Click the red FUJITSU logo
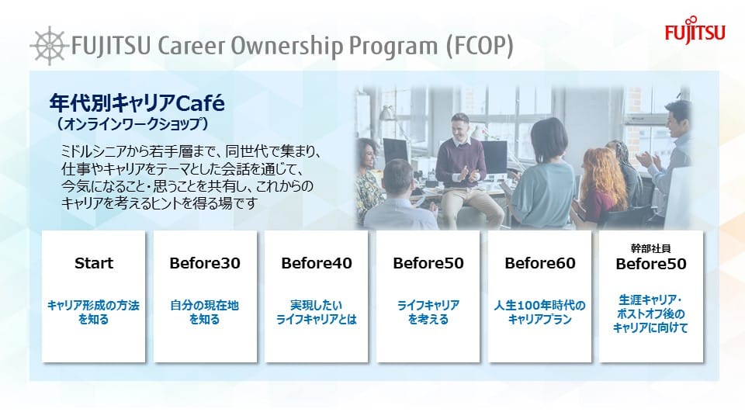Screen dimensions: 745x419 click(x=695, y=30)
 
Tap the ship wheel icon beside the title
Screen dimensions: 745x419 click(x=48, y=46)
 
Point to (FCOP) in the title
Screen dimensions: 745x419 click(x=480, y=46)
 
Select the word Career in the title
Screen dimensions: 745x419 click(x=191, y=46)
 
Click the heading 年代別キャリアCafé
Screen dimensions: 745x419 click(x=137, y=103)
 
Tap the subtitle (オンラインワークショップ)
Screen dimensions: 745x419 click(x=131, y=124)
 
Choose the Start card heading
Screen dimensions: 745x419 click(x=94, y=263)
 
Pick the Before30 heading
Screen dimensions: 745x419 click(x=205, y=263)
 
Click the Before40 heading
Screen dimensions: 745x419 click(x=317, y=263)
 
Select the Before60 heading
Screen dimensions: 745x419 click(x=540, y=263)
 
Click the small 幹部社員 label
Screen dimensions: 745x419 click(x=650, y=248)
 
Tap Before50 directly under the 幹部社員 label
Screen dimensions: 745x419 click(x=651, y=264)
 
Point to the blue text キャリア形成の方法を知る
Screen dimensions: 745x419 click(x=94, y=312)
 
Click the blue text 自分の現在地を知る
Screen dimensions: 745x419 click(x=205, y=312)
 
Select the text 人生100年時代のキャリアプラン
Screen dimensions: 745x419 click(x=540, y=312)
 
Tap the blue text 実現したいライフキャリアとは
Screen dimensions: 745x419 click(x=317, y=312)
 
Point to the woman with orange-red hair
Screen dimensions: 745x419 click(x=600, y=185)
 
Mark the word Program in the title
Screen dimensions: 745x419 click(x=393, y=46)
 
